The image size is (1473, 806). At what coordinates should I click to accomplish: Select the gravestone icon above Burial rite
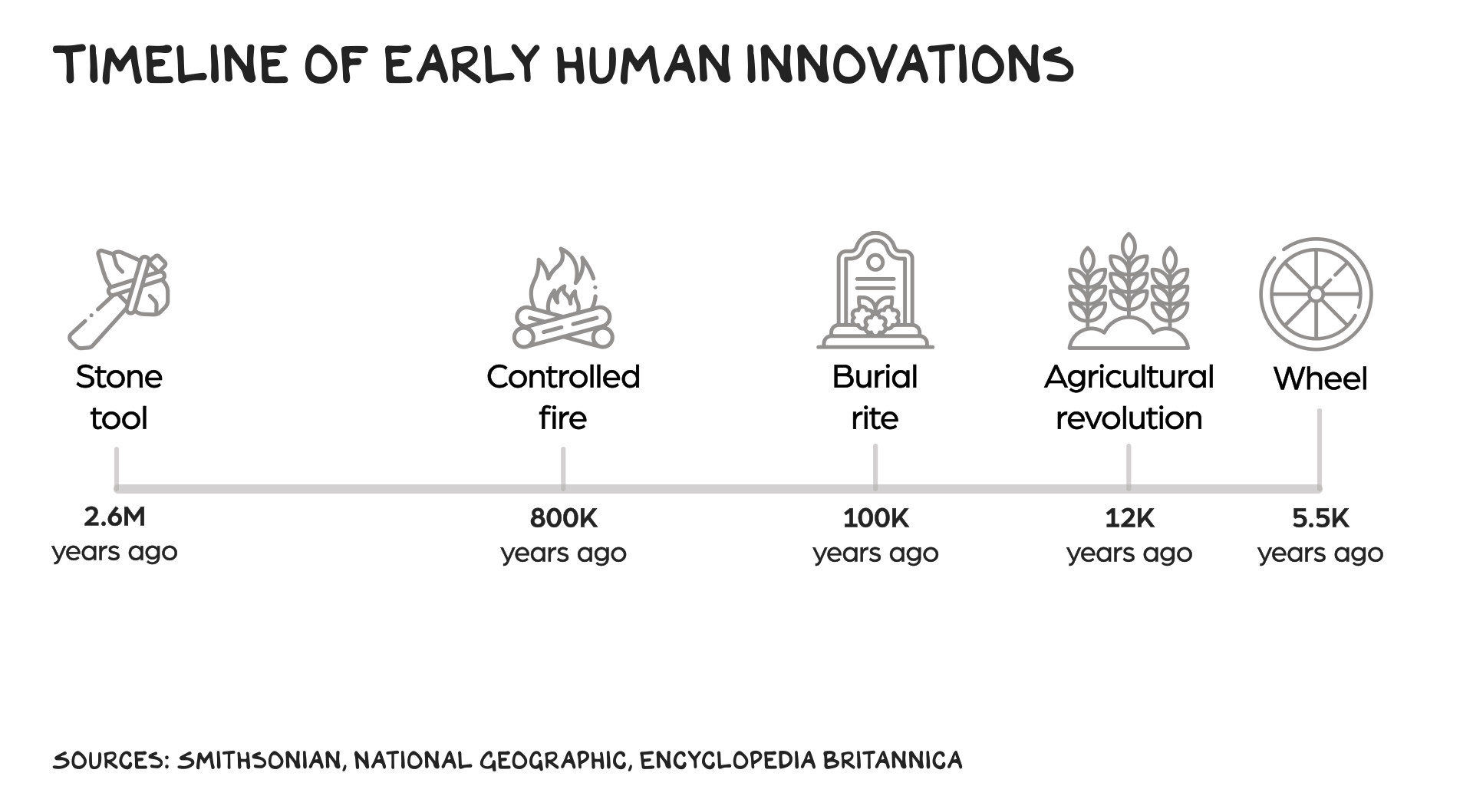875,290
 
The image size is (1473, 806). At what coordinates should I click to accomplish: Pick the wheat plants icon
1129,291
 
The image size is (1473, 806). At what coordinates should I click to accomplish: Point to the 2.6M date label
114,517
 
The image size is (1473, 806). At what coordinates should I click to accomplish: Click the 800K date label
563,518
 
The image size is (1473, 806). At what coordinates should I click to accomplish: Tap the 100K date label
875,518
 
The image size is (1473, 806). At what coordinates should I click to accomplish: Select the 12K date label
1129,518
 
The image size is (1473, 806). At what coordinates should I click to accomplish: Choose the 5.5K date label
1320,518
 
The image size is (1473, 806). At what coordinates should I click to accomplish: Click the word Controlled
563,377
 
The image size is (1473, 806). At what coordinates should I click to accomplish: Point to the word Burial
875,377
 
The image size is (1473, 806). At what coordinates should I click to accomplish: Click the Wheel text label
1320,378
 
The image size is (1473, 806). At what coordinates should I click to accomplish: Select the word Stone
119,377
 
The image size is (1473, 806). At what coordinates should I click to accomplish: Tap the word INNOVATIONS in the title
910,64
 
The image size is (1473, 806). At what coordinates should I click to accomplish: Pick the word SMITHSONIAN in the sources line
259,760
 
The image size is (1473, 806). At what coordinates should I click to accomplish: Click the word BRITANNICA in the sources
892,760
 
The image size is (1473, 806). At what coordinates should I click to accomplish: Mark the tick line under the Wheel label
1320,449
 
